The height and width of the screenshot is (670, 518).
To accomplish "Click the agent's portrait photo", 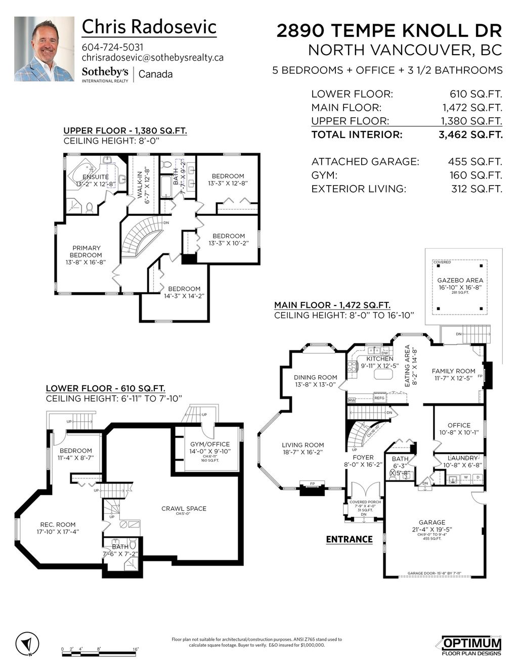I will tap(44, 49).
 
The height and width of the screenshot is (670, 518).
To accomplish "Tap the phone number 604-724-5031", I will tap(112, 47).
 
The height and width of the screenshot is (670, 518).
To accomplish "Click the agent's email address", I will tap(152, 58).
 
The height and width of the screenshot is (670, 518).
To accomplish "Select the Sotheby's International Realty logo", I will tap(105, 74).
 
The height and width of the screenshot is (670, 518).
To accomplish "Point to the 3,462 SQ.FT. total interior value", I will tap(470, 135).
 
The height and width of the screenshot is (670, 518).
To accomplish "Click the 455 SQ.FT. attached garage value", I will tap(474, 162).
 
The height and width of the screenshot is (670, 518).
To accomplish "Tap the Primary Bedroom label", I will tap(87, 251).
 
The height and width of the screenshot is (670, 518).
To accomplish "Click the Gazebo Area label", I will tap(460, 280).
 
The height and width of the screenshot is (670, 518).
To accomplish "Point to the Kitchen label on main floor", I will tap(380, 359).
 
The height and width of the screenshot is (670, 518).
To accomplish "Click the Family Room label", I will tap(454, 371).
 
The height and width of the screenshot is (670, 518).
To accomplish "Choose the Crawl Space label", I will tap(184, 508).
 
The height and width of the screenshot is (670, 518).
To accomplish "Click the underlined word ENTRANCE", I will tap(349, 540).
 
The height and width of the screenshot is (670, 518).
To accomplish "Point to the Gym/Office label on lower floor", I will tap(209, 444).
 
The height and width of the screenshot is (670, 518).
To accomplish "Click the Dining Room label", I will tap(316, 377).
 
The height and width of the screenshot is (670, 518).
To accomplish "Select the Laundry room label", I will tap(462, 458).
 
